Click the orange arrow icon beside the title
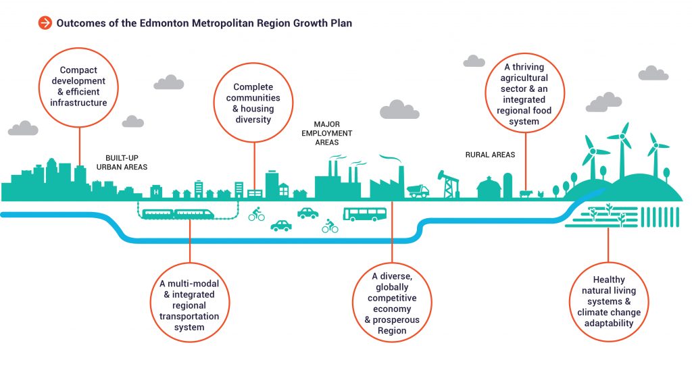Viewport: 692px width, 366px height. [45, 23]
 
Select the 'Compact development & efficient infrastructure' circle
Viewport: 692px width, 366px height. [79, 86]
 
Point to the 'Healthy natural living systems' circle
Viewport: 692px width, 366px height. [608, 301]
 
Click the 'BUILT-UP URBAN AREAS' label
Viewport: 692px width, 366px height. [122, 161]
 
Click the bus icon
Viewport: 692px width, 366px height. [365, 215]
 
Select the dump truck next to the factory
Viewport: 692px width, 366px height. [418, 191]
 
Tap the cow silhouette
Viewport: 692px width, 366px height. [526, 194]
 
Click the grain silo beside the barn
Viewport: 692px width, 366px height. [508, 186]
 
